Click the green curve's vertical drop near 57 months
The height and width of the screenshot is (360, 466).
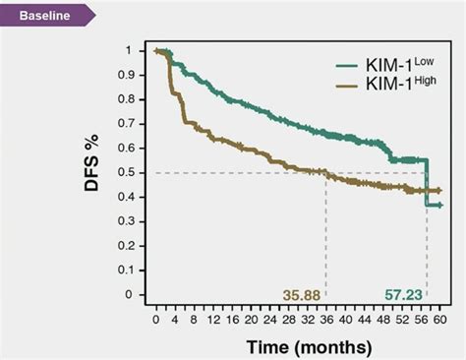(427, 182)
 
